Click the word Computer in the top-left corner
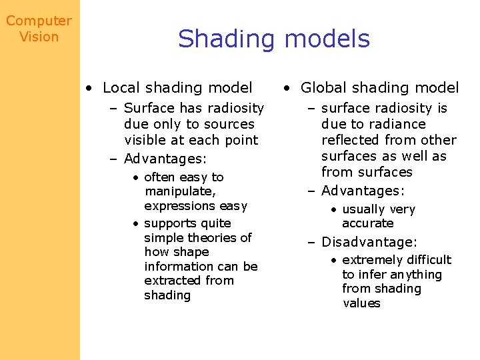pos(39,21)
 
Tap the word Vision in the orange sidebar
pos(39,37)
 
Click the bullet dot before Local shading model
pos(89,88)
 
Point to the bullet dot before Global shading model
pos(285,88)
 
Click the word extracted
pos(170,281)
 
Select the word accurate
pos(367,223)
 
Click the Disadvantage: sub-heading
pos(369,242)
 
